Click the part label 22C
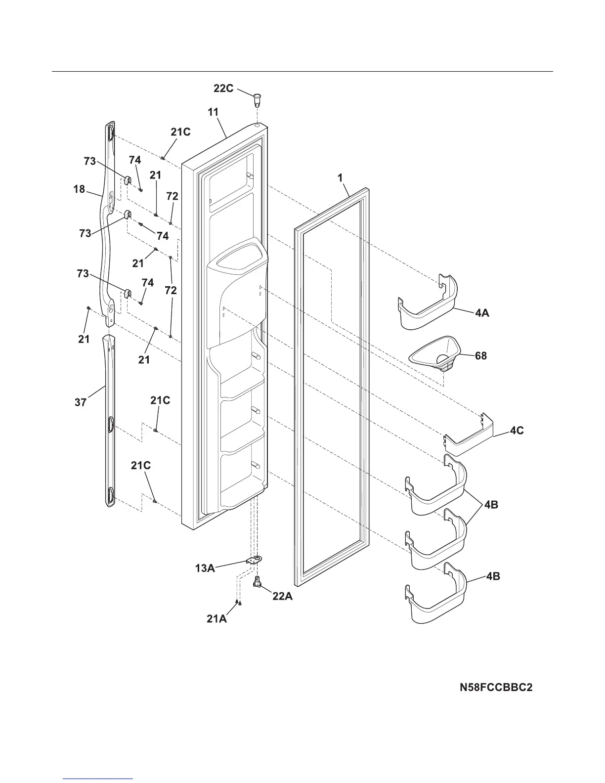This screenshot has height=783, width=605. (223, 88)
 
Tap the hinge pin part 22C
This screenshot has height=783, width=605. (257, 98)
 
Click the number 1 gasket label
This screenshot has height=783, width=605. (341, 178)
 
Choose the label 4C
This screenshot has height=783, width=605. (517, 431)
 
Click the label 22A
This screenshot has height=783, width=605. (282, 597)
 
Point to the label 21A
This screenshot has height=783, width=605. (216, 618)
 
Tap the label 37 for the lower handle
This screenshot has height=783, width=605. (81, 402)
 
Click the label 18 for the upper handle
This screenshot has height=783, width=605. (80, 189)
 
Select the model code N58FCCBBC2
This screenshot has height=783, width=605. (496, 688)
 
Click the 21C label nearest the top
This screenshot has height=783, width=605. (180, 132)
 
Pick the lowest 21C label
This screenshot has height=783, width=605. (141, 466)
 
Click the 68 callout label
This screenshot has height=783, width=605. (481, 355)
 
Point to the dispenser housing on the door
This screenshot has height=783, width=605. (235, 292)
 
